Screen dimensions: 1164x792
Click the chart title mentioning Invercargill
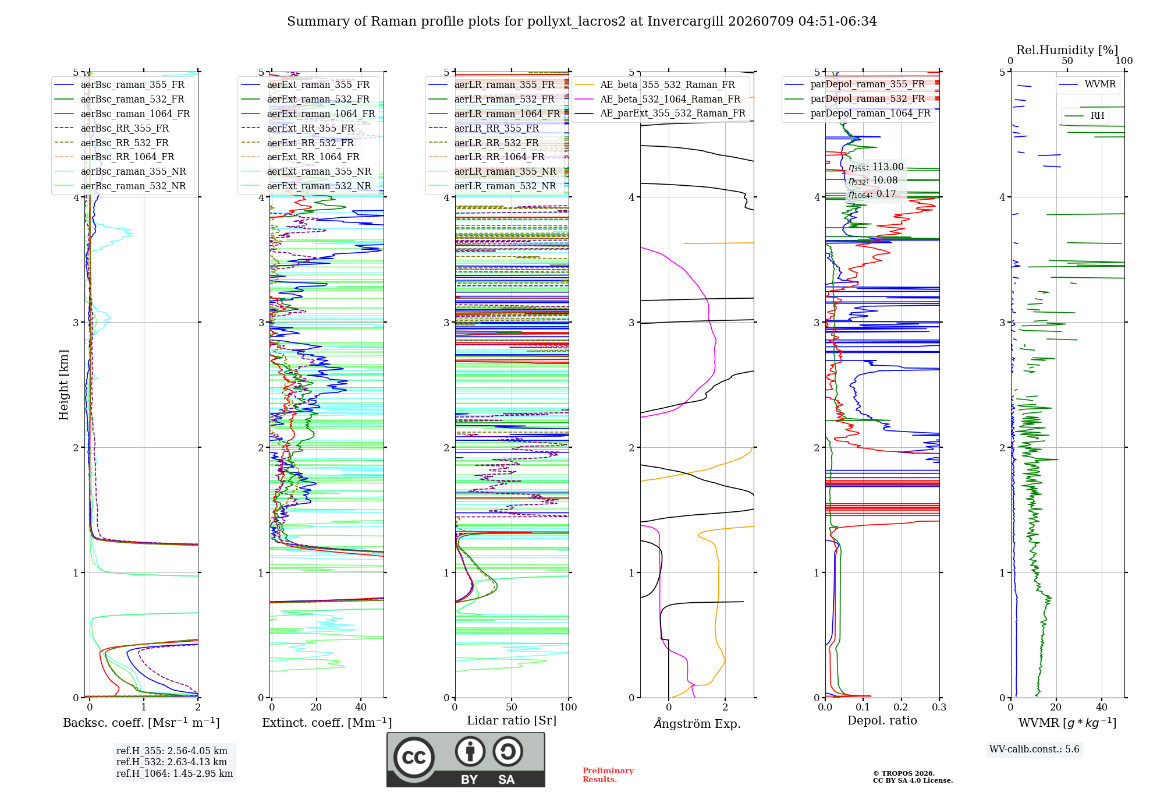pos(581,22)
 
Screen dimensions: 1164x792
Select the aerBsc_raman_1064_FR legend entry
pos(122,114)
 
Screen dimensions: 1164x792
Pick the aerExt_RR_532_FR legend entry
pos(297,143)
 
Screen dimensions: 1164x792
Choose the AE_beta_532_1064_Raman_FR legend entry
pos(658,99)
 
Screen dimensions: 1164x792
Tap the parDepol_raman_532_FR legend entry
pos(855,98)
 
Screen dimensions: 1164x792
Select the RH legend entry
pos(1085,115)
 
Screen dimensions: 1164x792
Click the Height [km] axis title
pos(63,385)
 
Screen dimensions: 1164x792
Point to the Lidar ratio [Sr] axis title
pos(512,720)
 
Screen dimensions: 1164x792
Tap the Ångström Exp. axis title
pos(697,723)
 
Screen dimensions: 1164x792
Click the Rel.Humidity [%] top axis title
pos(1067,50)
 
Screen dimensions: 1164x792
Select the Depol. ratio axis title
pos(882,720)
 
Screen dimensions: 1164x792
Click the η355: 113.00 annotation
pos(876,167)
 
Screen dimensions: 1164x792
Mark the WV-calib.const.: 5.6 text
pos(1034,749)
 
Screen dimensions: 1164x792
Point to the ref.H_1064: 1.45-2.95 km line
pos(175,773)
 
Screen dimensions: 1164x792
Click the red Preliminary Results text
pos(608,775)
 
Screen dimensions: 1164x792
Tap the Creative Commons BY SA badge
pos(466,759)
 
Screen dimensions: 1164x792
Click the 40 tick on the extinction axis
pos(361,707)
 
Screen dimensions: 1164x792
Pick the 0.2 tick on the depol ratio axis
pos(901,707)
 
